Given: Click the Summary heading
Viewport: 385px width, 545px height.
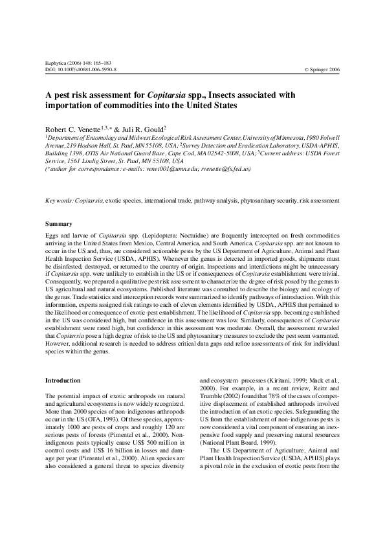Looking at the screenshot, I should click(58, 224).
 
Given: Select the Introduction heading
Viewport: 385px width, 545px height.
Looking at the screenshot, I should click(63, 380).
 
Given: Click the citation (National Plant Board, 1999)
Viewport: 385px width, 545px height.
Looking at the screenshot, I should click(239, 450).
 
